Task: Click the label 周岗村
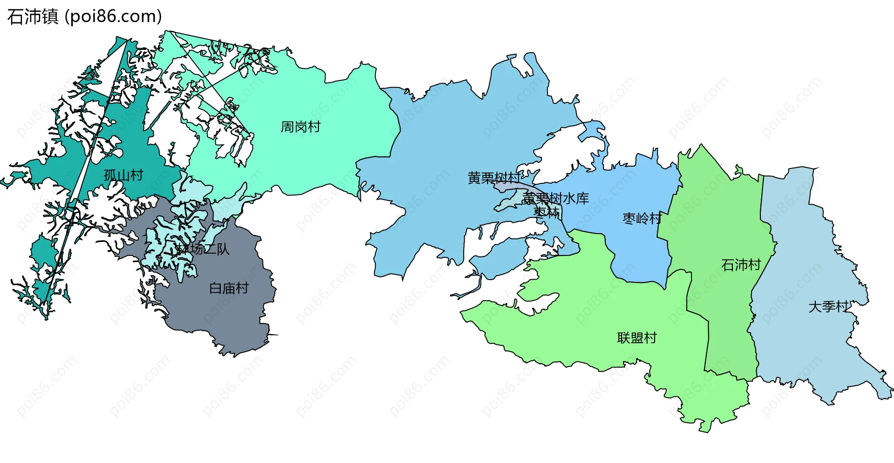point(300,127)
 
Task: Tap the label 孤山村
point(123,175)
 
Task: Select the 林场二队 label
point(203,249)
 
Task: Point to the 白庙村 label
point(229,289)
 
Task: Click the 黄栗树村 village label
point(494,178)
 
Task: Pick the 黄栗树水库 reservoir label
point(556,199)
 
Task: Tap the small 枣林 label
point(547,212)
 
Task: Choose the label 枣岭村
point(642,218)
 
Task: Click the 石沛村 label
point(741,265)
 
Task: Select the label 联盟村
point(637,338)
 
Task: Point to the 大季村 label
point(828,307)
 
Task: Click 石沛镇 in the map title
point(33,17)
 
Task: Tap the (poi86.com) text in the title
point(113,17)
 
